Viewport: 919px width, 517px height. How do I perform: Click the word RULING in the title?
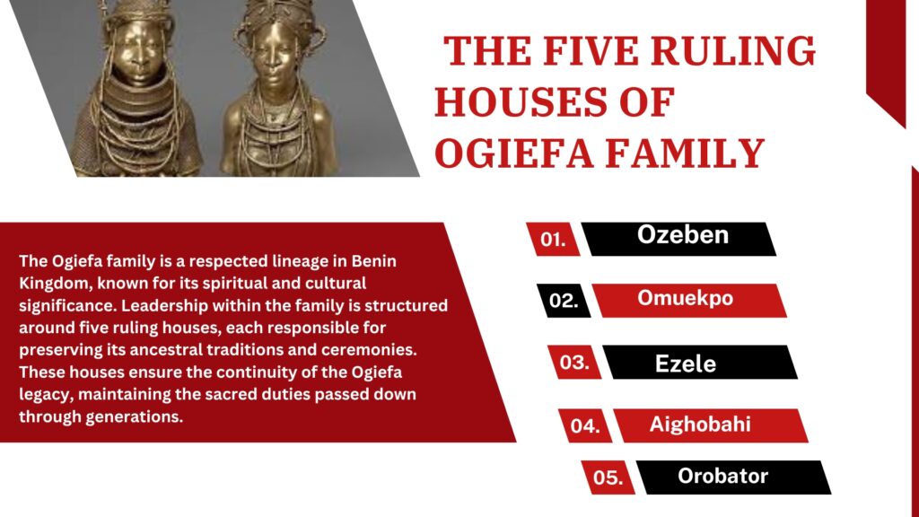click(733, 51)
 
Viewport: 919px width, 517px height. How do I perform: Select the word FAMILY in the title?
click(685, 153)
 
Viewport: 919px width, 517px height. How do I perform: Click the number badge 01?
click(553, 239)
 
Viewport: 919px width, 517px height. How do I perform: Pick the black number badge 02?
click(564, 301)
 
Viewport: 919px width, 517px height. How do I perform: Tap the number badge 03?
click(574, 363)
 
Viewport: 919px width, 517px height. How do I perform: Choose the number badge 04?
click(585, 425)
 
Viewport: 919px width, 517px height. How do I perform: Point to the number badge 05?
click(608, 478)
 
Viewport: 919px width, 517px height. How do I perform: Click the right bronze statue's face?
click(275, 58)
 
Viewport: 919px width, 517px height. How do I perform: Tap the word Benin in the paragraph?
click(374, 261)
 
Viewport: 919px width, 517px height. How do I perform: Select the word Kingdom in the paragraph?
click(54, 284)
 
